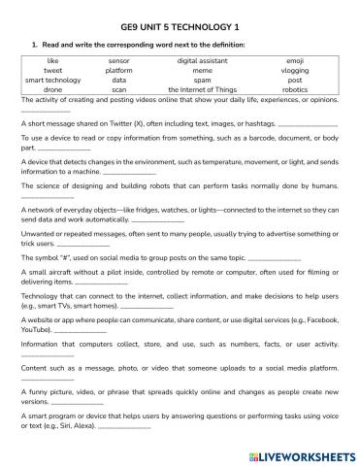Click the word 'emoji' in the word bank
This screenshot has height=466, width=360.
pos(295,61)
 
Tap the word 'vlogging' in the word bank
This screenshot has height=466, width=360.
pos(295,71)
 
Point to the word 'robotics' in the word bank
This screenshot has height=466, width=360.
pos(295,89)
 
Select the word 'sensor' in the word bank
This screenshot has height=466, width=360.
pos(119,61)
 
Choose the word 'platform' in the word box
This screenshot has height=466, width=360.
pos(119,71)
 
